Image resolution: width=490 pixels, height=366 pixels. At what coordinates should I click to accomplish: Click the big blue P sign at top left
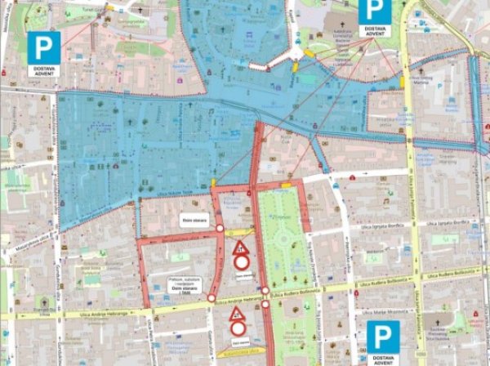tap(42, 47)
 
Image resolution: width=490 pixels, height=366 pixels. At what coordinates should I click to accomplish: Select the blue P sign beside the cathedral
tap(372, 11)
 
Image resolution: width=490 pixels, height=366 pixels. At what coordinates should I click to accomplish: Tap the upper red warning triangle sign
tap(240, 248)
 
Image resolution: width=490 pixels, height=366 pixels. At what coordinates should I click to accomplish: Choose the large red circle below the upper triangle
tap(241, 263)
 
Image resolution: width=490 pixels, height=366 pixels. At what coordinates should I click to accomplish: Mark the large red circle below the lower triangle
tap(238, 328)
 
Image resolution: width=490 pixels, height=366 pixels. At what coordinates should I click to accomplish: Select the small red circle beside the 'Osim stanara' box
tap(219, 229)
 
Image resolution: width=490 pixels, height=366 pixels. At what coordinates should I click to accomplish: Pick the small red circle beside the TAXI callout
tap(212, 298)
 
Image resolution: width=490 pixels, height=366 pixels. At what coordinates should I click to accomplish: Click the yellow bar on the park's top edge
tap(287, 186)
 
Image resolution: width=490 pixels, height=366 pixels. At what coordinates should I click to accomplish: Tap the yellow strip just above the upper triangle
tap(242, 233)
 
